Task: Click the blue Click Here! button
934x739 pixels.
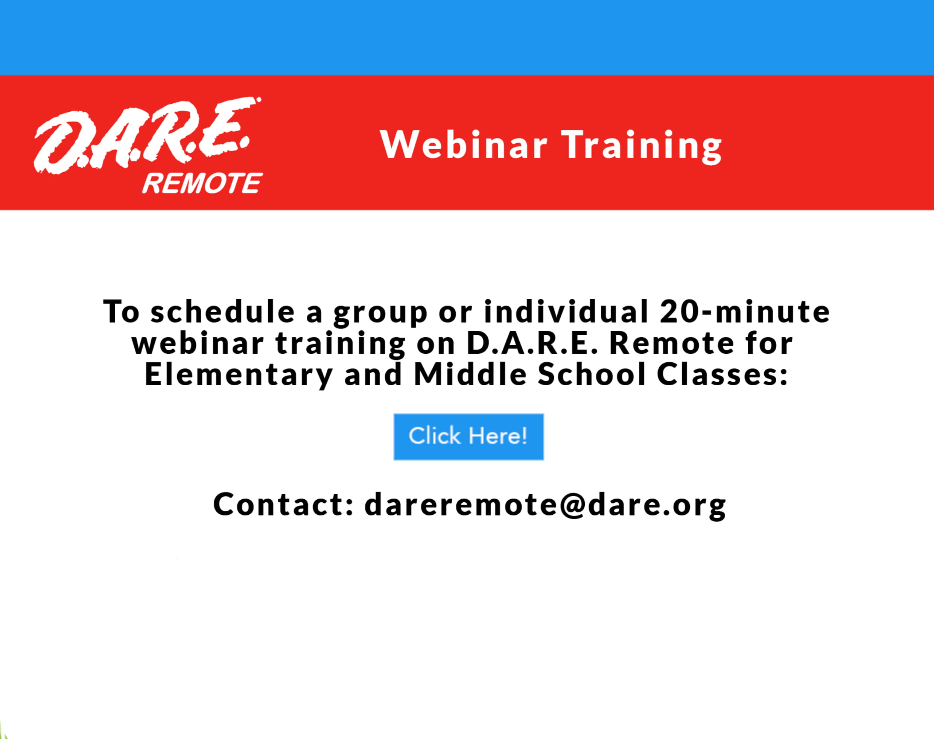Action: coord(469,436)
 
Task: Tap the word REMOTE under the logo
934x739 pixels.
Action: coord(202,183)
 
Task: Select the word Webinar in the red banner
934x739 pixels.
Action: coord(464,144)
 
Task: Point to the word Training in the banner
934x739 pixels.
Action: coord(642,147)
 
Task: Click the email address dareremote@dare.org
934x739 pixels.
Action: coord(546,505)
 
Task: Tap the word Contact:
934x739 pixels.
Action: coord(284,504)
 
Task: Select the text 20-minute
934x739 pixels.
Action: coord(745,311)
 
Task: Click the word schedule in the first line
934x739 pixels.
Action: coord(223,311)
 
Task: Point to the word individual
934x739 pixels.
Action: coord(566,311)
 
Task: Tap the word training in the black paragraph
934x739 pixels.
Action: coord(341,345)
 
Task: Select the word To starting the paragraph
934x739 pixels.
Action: coord(122,311)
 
